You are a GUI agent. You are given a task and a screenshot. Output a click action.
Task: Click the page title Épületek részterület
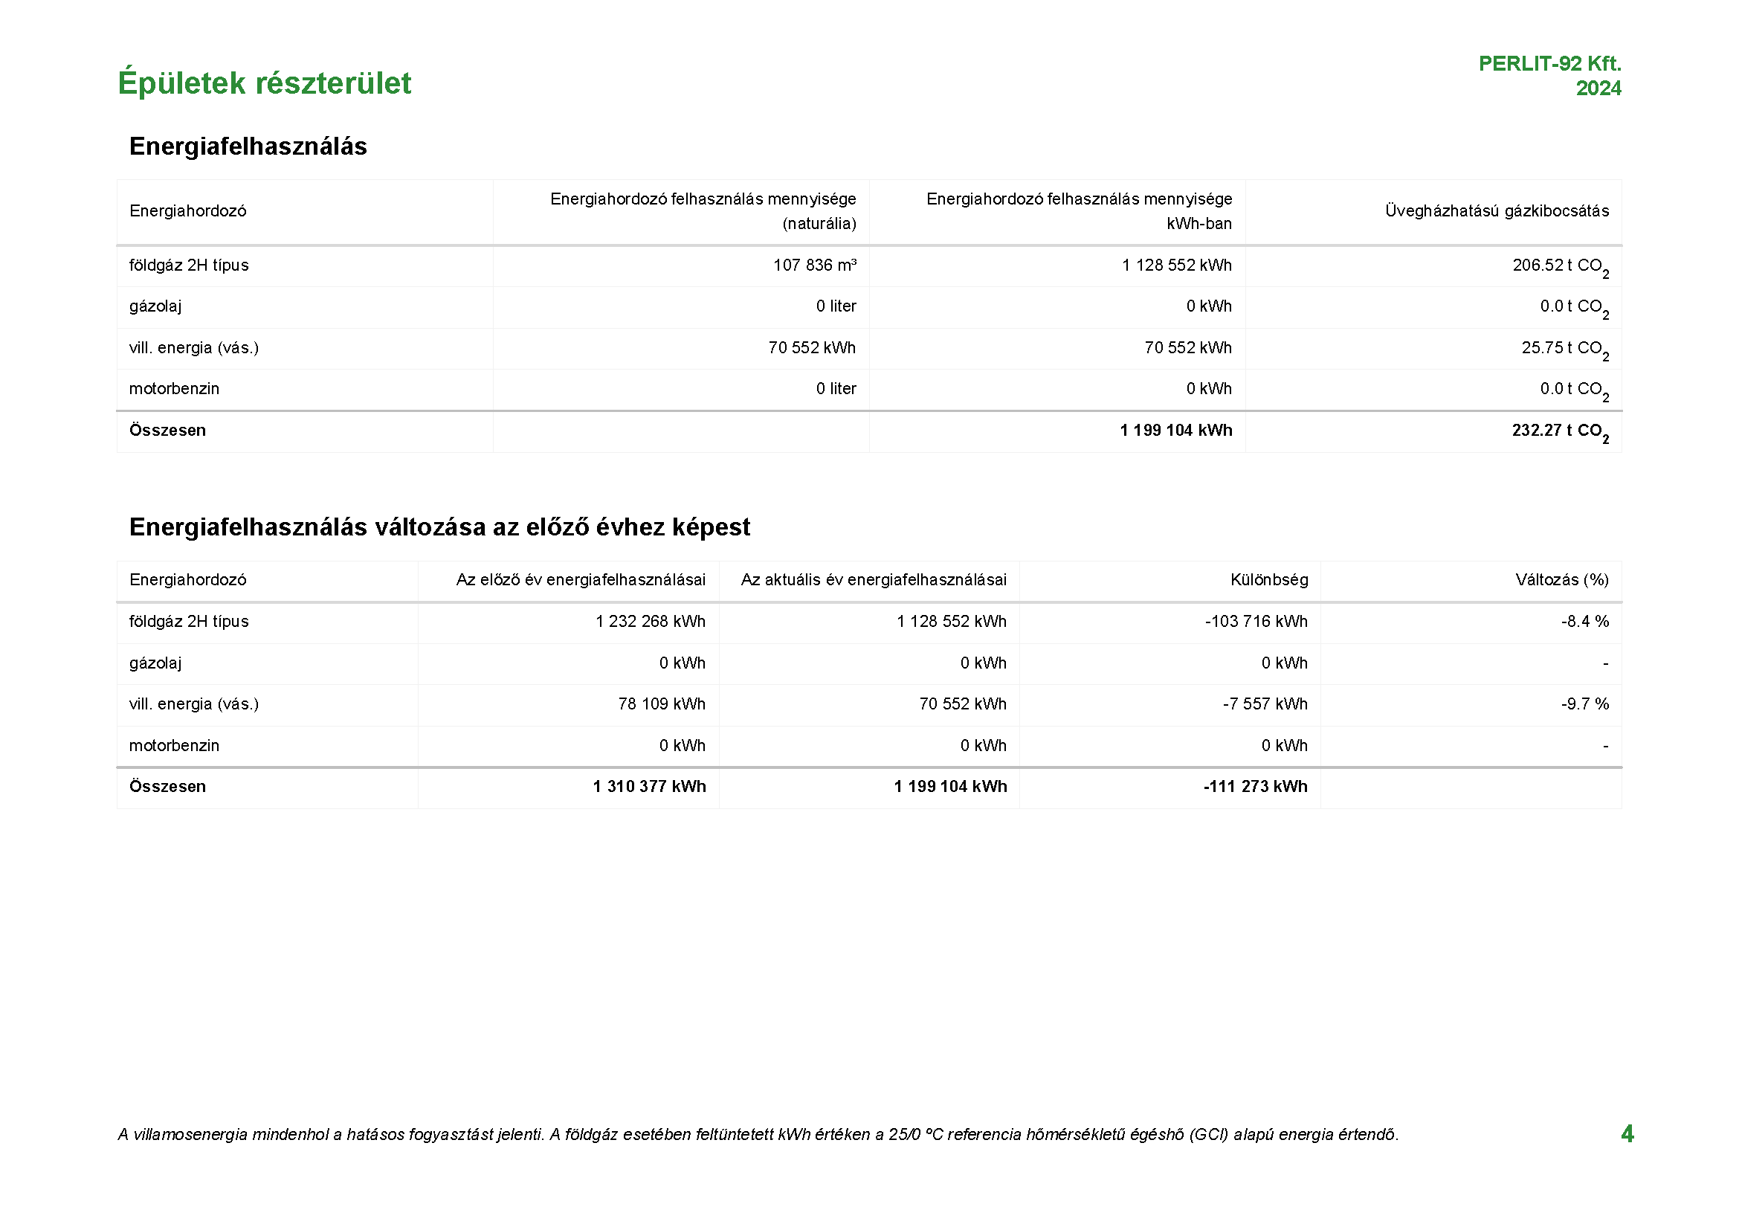[x=265, y=83]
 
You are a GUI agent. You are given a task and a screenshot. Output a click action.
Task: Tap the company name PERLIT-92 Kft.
[x=1549, y=64]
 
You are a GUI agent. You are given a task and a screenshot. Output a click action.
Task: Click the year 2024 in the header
[x=1598, y=88]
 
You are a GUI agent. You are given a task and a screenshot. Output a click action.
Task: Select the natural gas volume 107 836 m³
[x=814, y=265]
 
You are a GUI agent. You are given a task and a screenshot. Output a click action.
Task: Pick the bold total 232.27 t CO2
[x=1560, y=431]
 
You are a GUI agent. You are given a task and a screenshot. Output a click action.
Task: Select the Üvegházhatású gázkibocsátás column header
[x=1497, y=211]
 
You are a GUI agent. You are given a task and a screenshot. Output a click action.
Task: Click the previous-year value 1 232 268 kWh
[x=650, y=622]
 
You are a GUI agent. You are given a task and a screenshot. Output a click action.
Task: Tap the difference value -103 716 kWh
[x=1256, y=622]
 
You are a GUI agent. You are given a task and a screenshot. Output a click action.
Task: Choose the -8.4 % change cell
[x=1584, y=622]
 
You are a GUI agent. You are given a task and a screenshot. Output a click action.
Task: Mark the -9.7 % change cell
[x=1584, y=704]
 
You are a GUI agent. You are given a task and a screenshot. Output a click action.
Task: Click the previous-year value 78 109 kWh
[x=661, y=704]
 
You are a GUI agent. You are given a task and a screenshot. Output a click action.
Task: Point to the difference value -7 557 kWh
[x=1265, y=704]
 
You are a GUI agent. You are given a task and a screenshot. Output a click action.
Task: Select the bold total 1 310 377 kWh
[x=649, y=787]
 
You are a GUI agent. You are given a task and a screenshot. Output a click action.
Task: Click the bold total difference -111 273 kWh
[x=1255, y=787]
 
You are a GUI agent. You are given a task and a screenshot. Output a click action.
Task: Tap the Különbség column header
[x=1268, y=580]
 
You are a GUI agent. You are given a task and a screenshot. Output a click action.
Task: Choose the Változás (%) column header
[x=1562, y=580]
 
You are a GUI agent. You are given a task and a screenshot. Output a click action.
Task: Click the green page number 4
[x=1627, y=1134]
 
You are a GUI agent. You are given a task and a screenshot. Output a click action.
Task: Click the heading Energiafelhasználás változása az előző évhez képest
[x=439, y=527]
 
